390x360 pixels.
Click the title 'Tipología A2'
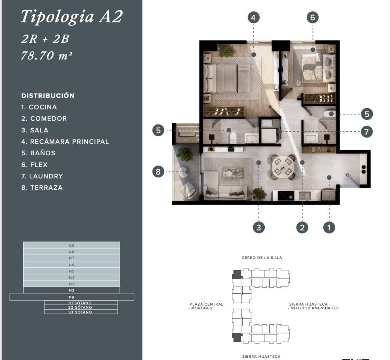pos(72,17)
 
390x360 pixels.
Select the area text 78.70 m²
pos(46,56)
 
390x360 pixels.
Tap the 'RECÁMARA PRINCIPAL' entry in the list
pos(65,142)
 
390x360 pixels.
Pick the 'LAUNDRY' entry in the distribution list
pos(42,176)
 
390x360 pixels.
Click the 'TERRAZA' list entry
pos(42,188)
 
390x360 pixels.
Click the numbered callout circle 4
pos(253,18)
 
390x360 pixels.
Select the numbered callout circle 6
pos(313,18)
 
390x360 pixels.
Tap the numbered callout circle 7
pos(367,132)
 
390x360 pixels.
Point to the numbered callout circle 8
pos(158,171)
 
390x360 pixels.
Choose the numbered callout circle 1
pos(329,227)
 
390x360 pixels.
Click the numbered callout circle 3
pos(259,227)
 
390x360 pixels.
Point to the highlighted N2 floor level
pos(71,290)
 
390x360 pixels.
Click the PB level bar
pos(72,297)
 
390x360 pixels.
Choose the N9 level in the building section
pos(71,245)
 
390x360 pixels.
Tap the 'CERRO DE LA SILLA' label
pos(262,258)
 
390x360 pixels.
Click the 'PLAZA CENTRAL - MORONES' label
pos(206,306)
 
